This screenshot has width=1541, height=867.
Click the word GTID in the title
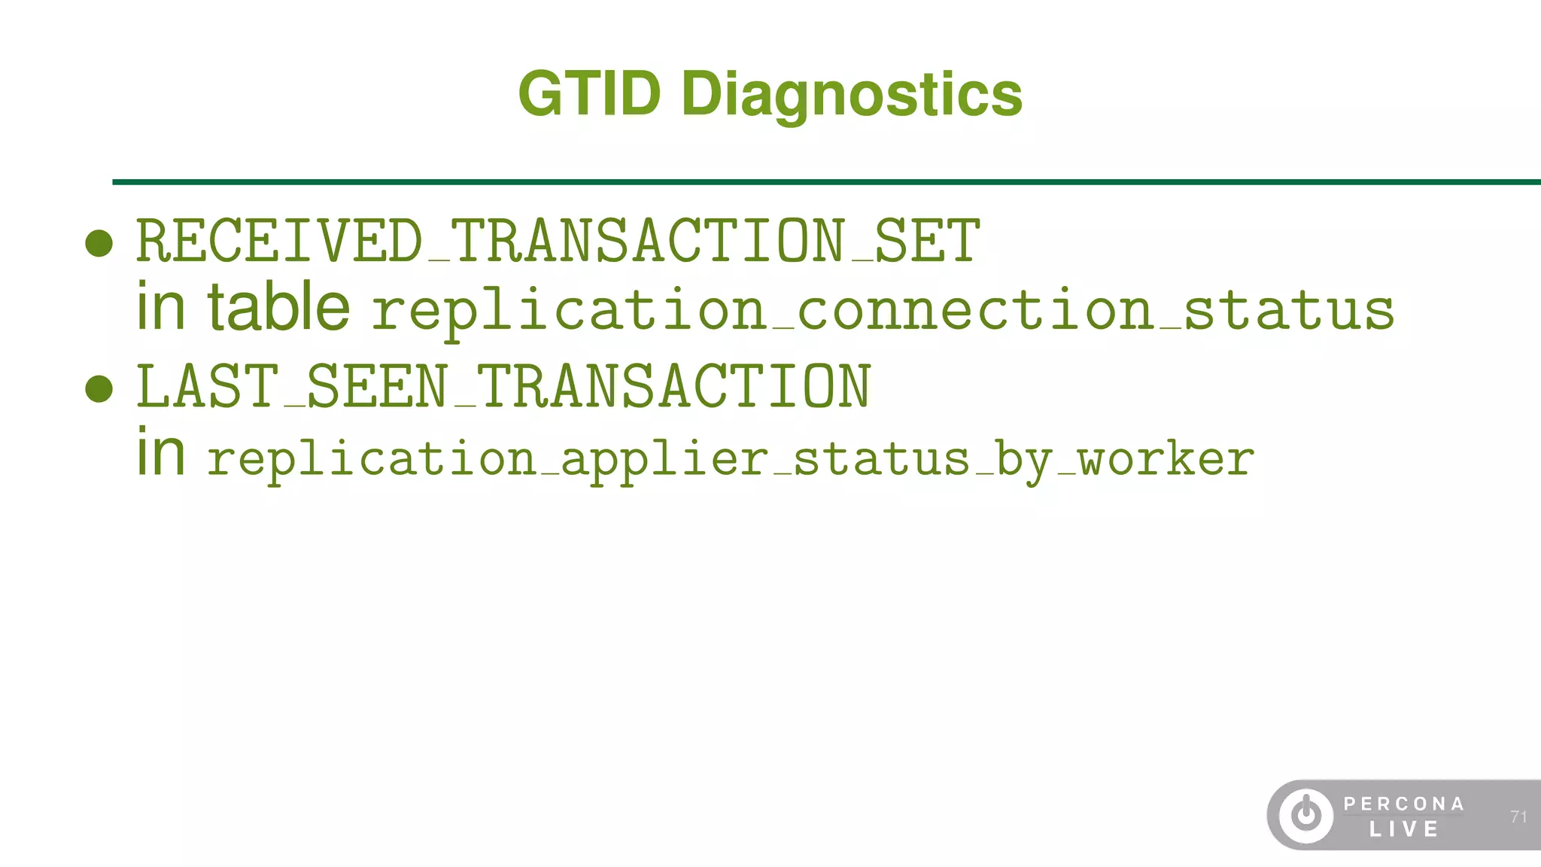click(x=589, y=94)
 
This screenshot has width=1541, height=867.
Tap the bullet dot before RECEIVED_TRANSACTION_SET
click(x=99, y=243)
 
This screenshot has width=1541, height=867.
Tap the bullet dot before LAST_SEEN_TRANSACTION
click(x=99, y=388)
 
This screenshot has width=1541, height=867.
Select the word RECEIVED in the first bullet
click(x=279, y=242)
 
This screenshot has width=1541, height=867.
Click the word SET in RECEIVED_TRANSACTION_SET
click(x=927, y=242)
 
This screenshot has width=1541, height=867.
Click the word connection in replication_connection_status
click(x=975, y=311)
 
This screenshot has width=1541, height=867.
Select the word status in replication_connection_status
click(x=1289, y=311)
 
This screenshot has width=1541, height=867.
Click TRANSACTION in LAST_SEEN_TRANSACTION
click(x=673, y=387)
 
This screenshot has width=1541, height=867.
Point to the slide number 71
click(x=1518, y=817)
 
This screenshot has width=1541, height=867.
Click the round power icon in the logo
click(x=1306, y=815)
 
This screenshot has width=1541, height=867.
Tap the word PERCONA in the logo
click(x=1403, y=804)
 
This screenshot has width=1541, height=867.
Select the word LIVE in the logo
click(x=1403, y=829)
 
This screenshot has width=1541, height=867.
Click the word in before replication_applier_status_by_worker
click(x=160, y=453)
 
